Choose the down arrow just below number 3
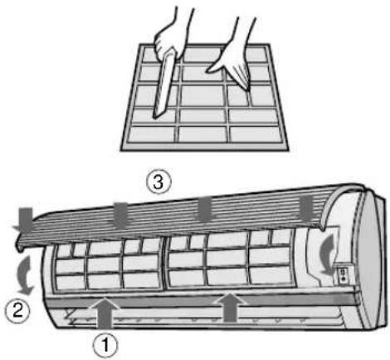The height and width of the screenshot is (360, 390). [x=122, y=212]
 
